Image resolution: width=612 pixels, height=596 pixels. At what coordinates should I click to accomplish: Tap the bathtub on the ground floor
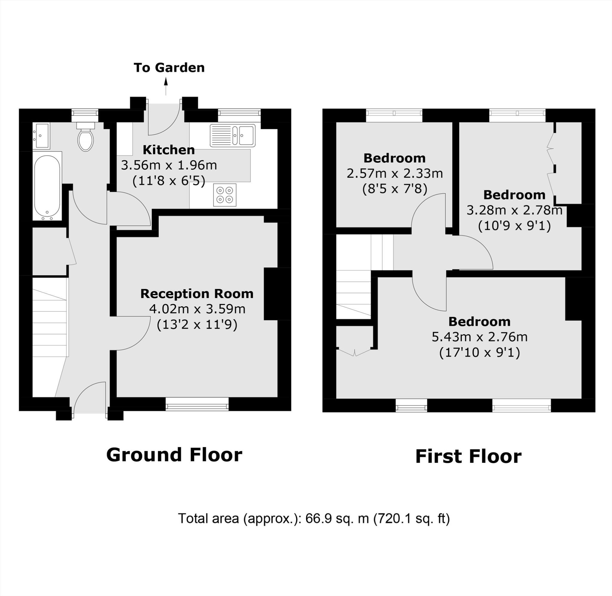(x=47, y=186)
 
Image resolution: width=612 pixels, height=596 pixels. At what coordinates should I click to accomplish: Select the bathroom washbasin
(x=41, y=135)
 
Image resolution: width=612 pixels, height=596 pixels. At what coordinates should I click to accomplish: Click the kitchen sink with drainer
(x=232, y=136)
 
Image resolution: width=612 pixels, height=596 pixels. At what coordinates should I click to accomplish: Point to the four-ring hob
(x=224, y=195)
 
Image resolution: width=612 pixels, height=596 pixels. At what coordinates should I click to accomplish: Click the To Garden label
(x=169, y=67)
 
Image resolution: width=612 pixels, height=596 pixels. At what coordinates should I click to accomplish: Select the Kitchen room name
(x=169, y=150)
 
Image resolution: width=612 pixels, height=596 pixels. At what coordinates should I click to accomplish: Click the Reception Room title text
(x=197, y=294)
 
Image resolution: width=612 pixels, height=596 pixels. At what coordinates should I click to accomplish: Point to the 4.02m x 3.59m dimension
(x=197, y=309)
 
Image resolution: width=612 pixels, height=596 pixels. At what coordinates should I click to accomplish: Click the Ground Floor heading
(x=174, y=455)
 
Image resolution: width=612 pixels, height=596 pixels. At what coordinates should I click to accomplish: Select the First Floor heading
(x=468, y=456)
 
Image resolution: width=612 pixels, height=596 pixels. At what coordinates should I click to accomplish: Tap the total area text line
(x=313, y=518)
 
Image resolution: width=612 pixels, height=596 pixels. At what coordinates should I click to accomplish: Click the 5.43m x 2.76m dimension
(x=479, y=337)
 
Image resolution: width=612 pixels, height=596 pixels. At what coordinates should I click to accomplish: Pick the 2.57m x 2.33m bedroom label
(x=394, y=173)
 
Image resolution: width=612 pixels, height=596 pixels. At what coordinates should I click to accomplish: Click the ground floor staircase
(x=50, y=322)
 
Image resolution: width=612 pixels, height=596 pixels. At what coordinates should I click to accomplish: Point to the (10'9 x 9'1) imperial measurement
(x=514, y=225)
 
